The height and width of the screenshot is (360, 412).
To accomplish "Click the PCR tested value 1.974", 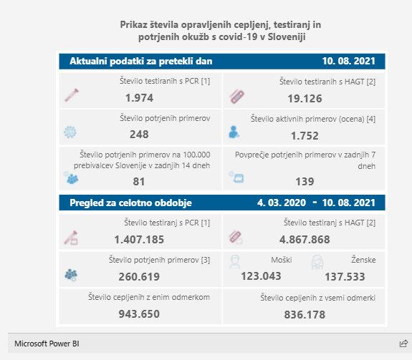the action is [139, 98].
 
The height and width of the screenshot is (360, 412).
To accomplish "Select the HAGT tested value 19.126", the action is [305, 99].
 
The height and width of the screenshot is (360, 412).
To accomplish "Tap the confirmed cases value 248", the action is [139, 135].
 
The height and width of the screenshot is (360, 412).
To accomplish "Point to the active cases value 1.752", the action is [305, 136].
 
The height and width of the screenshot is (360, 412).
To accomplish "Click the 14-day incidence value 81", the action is [139, 182].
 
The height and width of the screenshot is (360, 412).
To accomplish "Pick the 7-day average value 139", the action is [305, 182].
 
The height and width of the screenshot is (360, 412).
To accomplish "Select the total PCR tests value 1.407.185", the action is [139, 240].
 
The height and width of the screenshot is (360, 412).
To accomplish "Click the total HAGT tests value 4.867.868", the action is [305, 240].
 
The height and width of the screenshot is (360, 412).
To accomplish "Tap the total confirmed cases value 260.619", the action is [139, 277].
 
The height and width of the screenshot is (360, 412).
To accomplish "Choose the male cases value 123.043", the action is [262, 276].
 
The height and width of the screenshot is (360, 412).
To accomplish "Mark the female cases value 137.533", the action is [345, 277].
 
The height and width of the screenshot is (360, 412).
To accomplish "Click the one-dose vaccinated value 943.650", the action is [139, 314].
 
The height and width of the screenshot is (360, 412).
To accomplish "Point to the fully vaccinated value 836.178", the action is [305, 315].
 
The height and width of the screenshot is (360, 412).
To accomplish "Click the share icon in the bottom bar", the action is [403, 344].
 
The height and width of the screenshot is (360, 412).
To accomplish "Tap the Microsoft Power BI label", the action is [47, 344].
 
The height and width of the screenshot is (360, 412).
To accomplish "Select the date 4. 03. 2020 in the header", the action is [282, 203].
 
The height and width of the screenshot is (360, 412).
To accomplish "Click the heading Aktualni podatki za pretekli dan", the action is [141, 62].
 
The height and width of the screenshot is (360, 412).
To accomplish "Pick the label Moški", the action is [282, 260].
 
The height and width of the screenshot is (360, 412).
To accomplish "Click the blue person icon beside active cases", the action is [234, 132].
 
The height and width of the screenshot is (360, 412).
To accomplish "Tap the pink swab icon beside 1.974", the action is [72, 95].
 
